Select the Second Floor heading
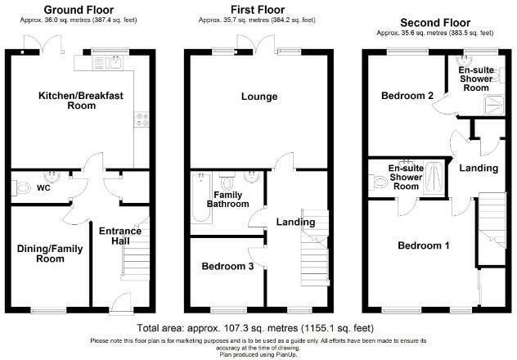click(x=434, y=22)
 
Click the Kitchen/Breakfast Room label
click(x=81, y=101)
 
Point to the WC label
click(x=46, y=187)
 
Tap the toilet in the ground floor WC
click(x=22, y=187)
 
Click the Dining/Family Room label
click(x=47, y=253)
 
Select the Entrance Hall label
click(x=120, y=236)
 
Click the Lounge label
click(x=258, y=97)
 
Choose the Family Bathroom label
click(x=232, y=200)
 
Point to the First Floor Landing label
click(x=295, y=222)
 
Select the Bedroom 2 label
click(x=406, y=96)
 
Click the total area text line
click(x=258, y=326)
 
